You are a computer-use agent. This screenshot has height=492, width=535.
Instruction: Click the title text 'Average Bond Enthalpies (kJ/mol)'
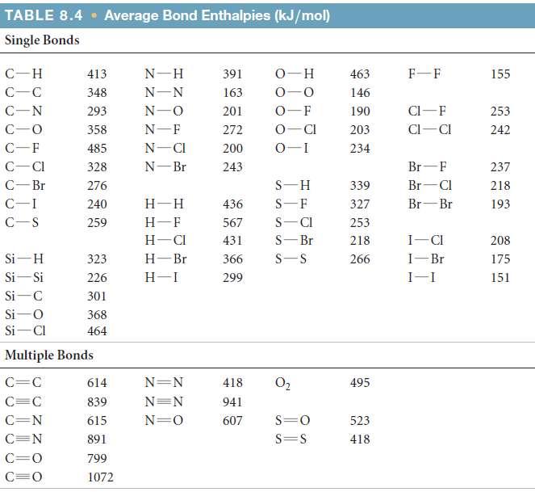(216, 16)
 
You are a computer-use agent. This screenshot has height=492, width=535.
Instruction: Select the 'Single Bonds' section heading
(42, 40)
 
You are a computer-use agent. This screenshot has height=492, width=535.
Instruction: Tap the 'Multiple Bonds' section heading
(48, 355)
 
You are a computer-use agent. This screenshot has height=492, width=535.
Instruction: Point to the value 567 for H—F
(232, 222)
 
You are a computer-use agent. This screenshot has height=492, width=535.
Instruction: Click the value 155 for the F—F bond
(500, 74)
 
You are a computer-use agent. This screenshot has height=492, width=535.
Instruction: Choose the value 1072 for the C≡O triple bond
(100, 477)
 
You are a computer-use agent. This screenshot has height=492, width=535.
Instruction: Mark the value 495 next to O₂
(360, 383)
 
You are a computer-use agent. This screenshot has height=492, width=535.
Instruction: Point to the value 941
(232, 402)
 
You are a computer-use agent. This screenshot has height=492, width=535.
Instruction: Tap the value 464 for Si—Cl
(97, 330)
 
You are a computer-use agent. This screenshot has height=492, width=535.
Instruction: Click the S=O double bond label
(290, 420)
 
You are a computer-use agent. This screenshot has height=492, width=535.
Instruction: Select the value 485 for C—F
(97, 149)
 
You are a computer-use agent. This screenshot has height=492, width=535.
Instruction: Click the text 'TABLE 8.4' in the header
(48, 16)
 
